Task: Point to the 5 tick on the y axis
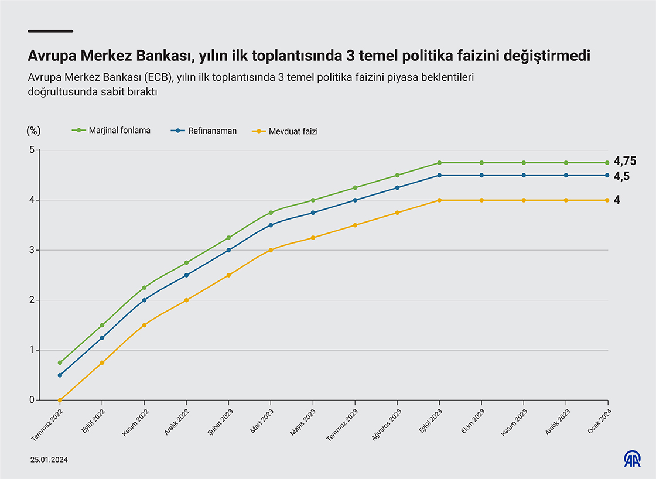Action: pos(32,150)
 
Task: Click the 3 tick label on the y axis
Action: pos(32,250)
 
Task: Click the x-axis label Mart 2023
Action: pos(261,421)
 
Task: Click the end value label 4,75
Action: pos(625,162)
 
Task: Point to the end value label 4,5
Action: pos(621,176)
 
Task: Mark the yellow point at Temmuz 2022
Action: pos(60,400)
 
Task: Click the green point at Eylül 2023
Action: pos(439,163)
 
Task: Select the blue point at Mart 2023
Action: pos(271,225)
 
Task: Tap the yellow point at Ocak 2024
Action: pos(608,200)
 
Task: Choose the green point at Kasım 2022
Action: pos(144,288)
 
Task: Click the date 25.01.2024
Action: pos(49,460)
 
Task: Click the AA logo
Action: pos(632,459)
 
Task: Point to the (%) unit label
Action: pos(34,131)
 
